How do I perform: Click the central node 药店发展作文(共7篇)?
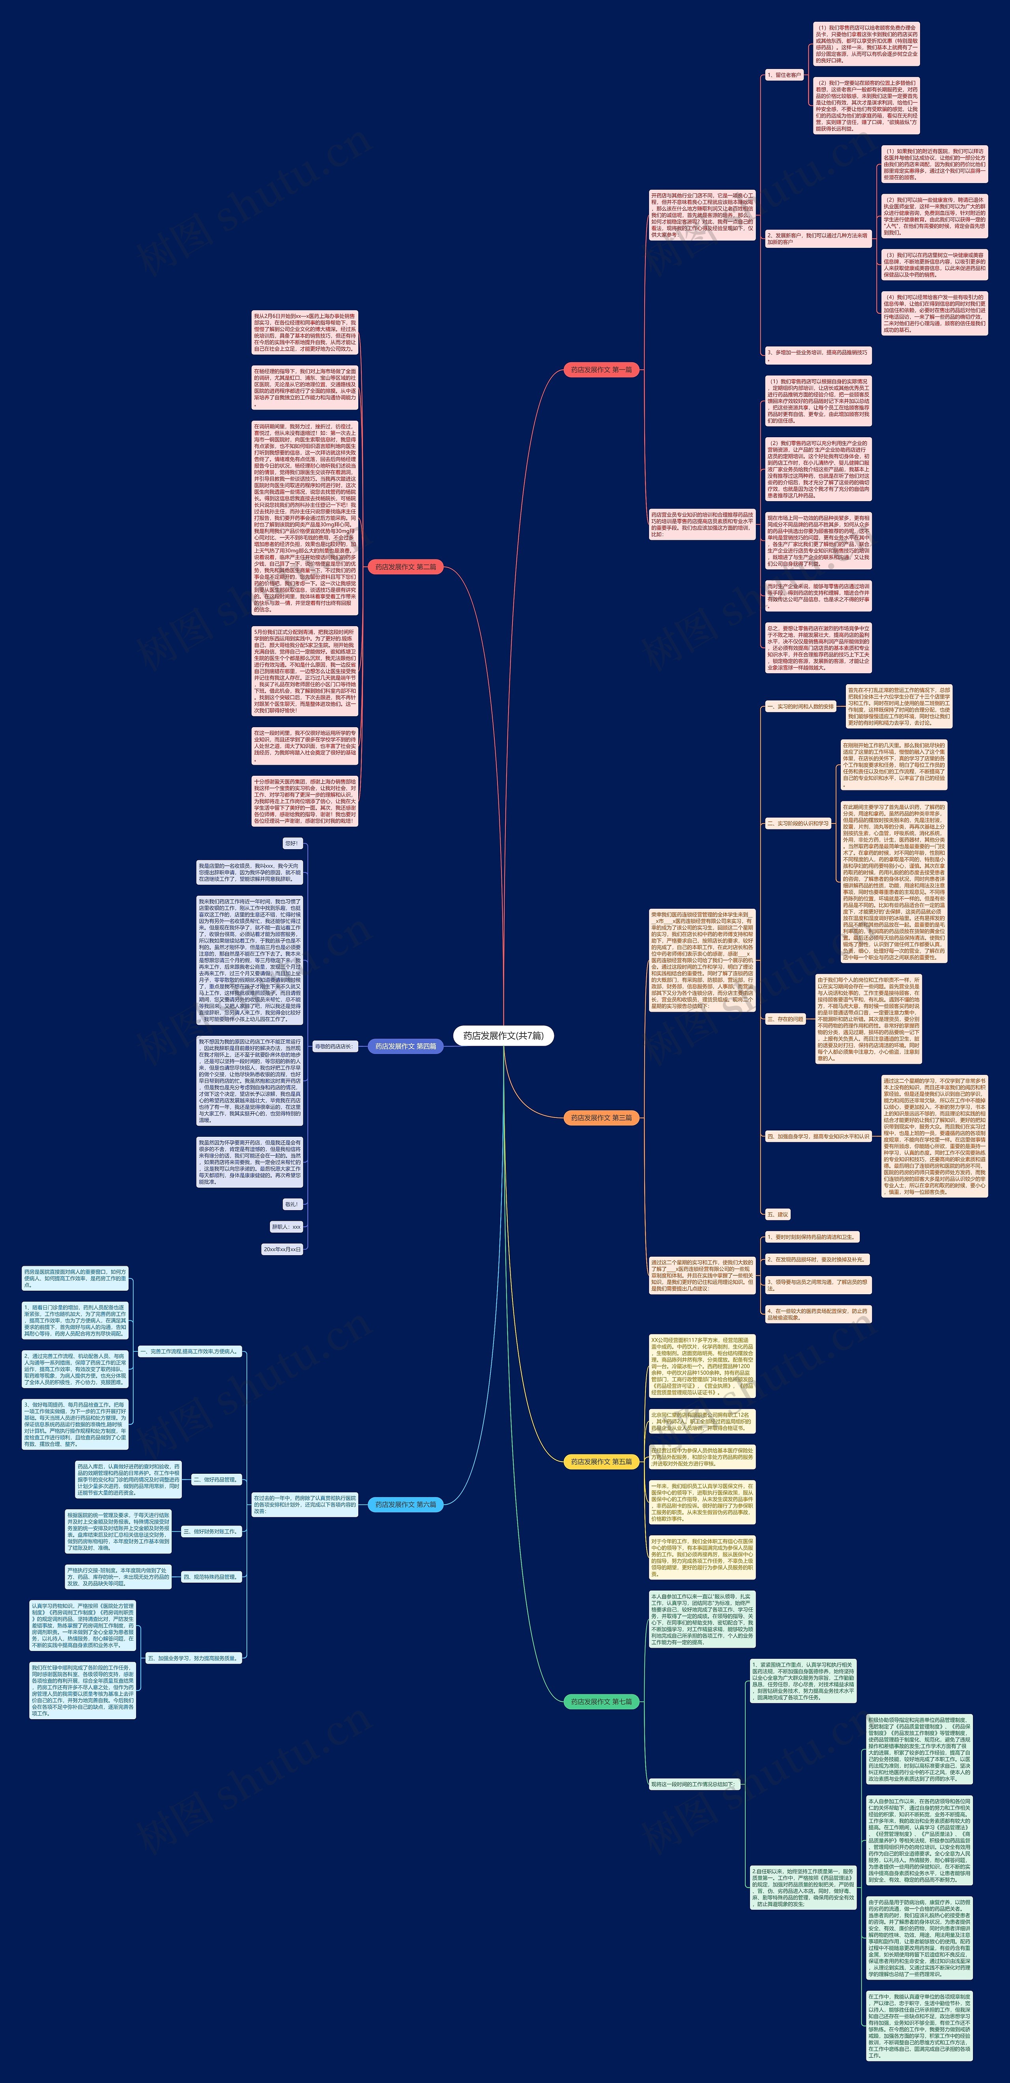[503, 1035]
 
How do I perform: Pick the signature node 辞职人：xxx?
[286, 1227]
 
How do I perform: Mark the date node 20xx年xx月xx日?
[282, 1249]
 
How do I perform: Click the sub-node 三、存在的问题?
[785, 1019]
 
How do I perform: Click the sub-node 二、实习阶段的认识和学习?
[797, 823]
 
